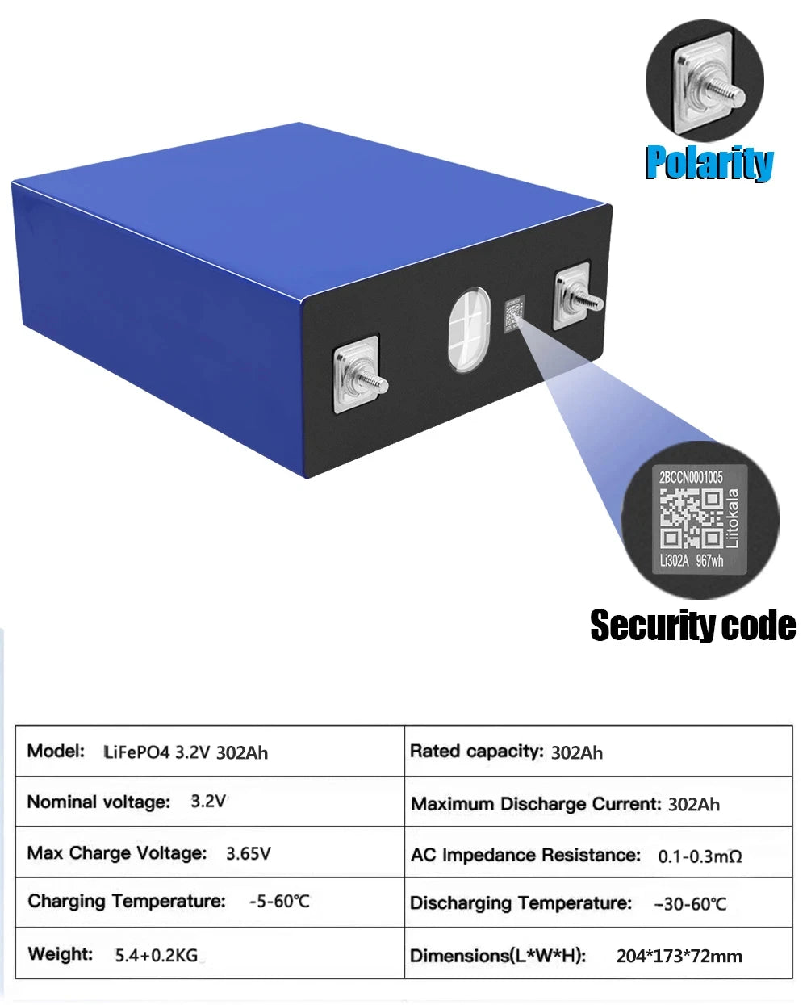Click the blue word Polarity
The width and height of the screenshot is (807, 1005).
[x=709, y=162]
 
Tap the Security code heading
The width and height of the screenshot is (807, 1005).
[x=693, y=626]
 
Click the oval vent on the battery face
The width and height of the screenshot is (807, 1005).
[x=470, y=330]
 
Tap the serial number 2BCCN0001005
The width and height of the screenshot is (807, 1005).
[x=691, y=477]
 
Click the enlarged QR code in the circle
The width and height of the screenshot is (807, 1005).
[x=691, y=519]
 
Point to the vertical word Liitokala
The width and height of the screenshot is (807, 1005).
[x=734, y=518]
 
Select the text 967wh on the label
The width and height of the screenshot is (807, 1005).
[x=709, y=560]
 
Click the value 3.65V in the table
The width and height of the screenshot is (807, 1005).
[x=249, y=854]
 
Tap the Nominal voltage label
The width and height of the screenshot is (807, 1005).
[x=99, y=802]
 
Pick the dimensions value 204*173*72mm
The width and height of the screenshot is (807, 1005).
[x=679, y=956]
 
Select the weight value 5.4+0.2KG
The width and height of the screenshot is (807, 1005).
[x=157, y=956]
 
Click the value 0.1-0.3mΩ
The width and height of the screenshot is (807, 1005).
[x=700, y=856]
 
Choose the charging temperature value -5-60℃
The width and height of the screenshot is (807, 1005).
[x=279, y=901]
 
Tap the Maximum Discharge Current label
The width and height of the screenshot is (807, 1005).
[x=536, y=804]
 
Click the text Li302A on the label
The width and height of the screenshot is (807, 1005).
[x=674, y=560]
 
